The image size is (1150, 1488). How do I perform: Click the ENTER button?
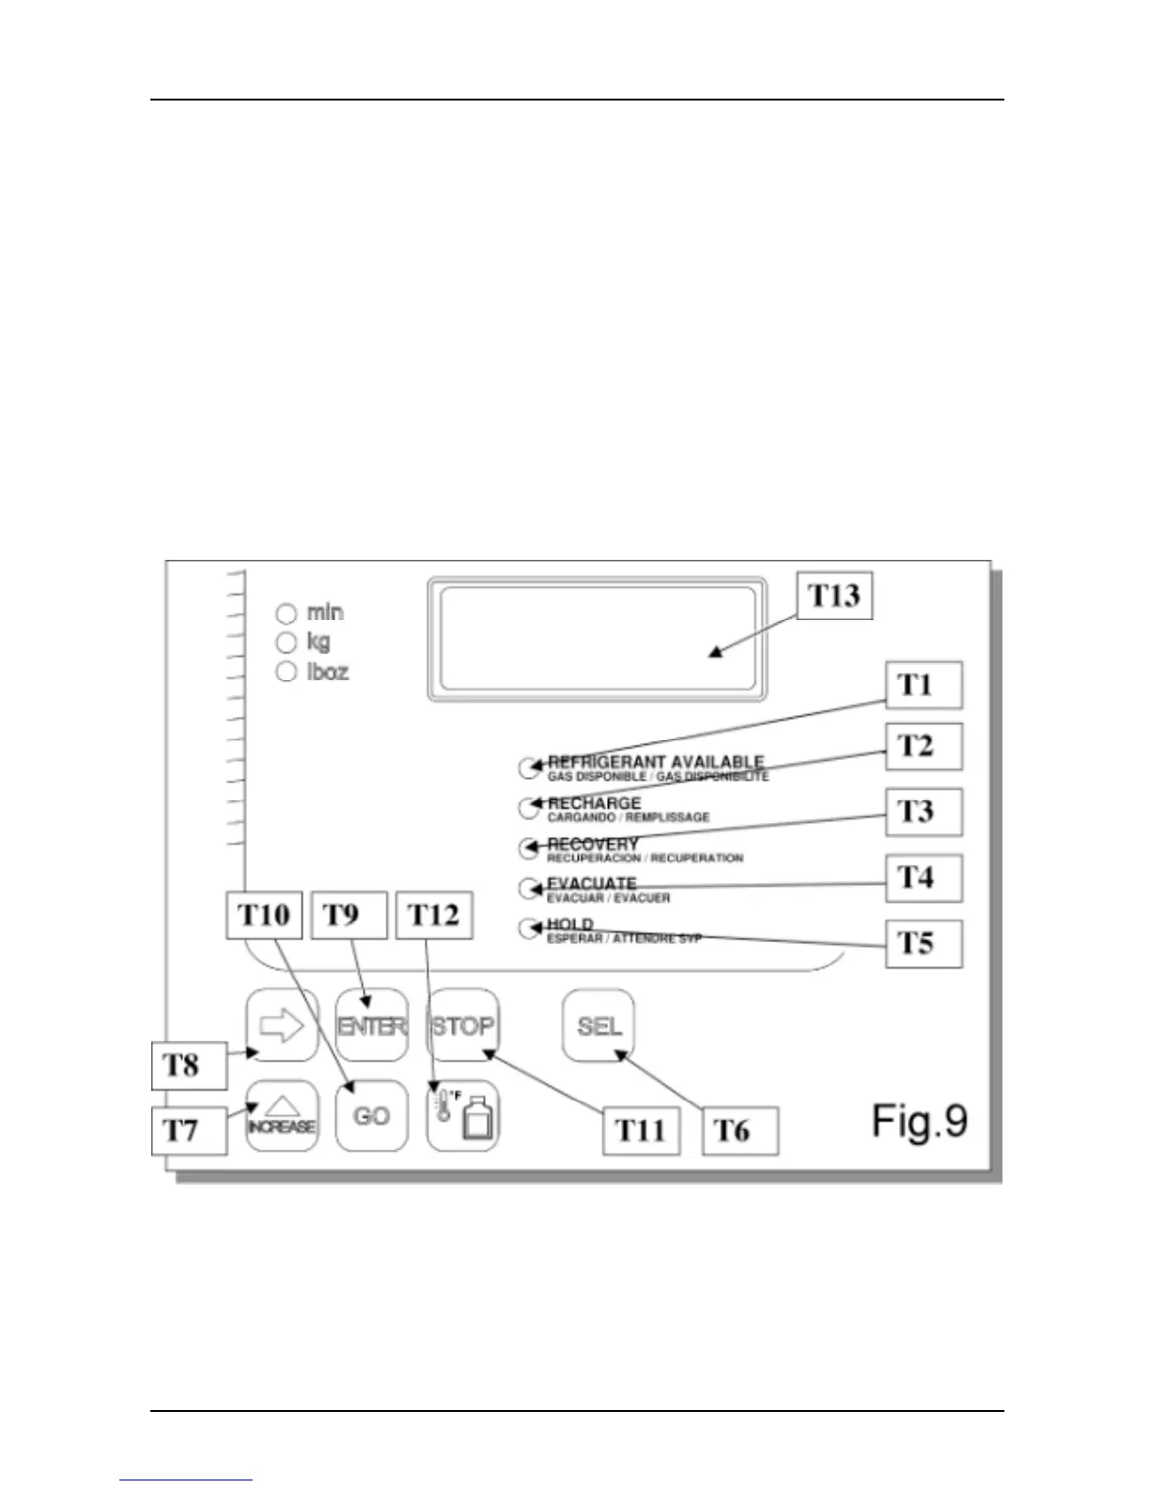(372, 1025)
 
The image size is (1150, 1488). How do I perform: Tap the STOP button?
(463, 1025)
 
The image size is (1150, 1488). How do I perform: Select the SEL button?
(598, 1025)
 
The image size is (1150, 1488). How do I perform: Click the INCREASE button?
(282, 1116)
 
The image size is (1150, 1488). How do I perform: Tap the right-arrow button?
(282, 1025)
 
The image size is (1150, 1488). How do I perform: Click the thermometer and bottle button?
(463, 1116)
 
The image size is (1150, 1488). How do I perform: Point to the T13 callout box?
(834, 596)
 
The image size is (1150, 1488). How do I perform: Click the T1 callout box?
(925, 685)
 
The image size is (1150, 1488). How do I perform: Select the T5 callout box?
(925, 943)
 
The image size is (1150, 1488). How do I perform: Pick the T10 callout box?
(264, 915)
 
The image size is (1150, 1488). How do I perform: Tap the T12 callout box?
(434, 915)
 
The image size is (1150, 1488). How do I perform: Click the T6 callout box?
(739, 1130)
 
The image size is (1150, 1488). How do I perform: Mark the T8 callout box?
(189, 1065)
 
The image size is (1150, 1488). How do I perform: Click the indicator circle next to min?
(287, 613)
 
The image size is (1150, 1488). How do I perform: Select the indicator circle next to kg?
(287, 643)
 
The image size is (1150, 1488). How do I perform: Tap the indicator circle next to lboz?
(287, 672)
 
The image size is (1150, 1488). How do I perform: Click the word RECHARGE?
(594, 803)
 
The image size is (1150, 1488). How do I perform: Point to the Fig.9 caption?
(919, 1121)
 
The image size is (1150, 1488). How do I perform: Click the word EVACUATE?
(592, 884)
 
